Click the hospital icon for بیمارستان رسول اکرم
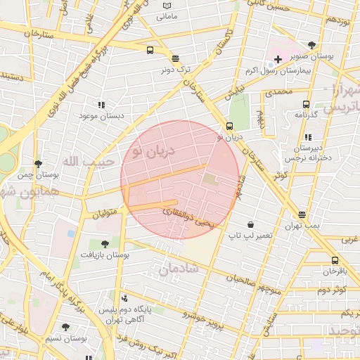pyautogui.click(x=278, y=59)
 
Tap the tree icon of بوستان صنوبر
pyautogui.click(x=311, y=45)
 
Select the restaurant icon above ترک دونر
pyautogui.click(x=174, y=59)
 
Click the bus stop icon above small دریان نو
pyautogui.click(x=229, y=127)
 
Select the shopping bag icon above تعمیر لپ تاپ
pyautogui.click(x=250, y=225)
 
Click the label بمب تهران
pyautogui.click(x=302, y=226)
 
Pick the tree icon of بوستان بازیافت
pyautogui.click(x=105, y=244)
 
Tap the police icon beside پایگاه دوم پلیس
pyautogui.click(x=124, y=298)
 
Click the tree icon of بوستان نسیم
pyautogui.click(x=65, y=327)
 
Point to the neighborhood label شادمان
pyautogui.click(x=179, y=269)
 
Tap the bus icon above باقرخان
pyautogui.click(x=335, y=260)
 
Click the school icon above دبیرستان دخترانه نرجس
pyautogui.click(x=308, y=138)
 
